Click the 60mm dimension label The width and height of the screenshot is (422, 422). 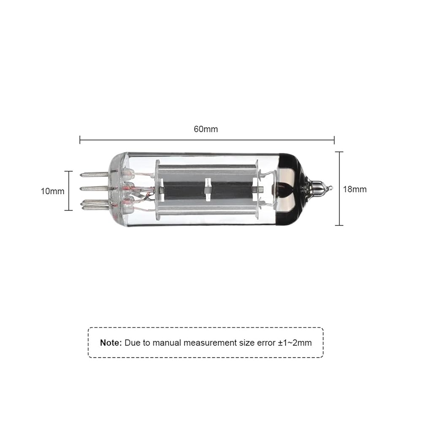(x=206, y=129)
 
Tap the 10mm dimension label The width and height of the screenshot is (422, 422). (x=52, y=191)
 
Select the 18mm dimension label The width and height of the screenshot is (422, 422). (x=355, y=189)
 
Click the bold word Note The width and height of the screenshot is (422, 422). (x=111, y=343)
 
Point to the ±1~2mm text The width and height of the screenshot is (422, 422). (x=295, y=343)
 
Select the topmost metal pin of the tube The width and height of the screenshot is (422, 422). (x=94, y=174)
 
